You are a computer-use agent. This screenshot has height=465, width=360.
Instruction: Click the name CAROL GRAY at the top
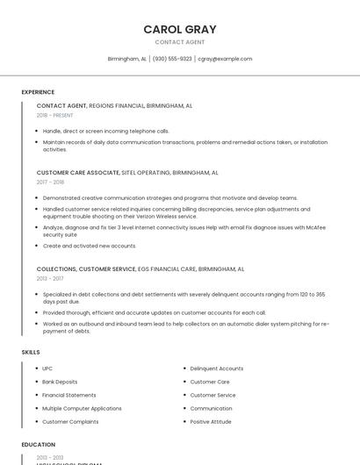point(180,29)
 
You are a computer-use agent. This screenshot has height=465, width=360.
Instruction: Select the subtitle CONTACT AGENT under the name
point(180,42)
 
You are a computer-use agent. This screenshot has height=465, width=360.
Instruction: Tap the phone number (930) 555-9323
point(172,59)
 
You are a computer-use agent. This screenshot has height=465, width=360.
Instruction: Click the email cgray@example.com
point(225,59)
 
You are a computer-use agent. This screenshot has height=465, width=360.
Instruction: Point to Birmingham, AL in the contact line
point(126,59)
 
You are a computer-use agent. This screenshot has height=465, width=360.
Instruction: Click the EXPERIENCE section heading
point(38,92)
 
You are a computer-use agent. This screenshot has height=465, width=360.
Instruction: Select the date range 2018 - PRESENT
point(54,115)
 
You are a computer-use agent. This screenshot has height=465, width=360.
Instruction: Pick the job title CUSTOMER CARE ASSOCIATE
point(78,173)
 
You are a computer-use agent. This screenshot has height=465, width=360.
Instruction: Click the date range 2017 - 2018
point(50,182)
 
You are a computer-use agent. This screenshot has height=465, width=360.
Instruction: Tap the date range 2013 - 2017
point(50,278)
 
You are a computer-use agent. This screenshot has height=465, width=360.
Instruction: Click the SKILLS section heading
point(31,352)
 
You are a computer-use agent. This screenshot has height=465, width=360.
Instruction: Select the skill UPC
point(47,368)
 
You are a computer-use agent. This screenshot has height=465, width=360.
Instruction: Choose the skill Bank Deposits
point(60,382)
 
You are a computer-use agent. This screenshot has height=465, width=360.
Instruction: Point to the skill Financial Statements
point(69,395)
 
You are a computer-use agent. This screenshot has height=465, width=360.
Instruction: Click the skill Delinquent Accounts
point(217,368)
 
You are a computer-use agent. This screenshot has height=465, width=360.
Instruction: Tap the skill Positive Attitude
point(211,421)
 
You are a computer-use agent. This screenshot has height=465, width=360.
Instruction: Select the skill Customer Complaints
point(70,421)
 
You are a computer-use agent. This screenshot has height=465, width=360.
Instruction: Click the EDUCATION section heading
point(39,445)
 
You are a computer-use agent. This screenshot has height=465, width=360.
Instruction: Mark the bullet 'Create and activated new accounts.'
point(90,246)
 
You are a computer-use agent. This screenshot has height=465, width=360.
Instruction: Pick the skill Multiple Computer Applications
point(82,408)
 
